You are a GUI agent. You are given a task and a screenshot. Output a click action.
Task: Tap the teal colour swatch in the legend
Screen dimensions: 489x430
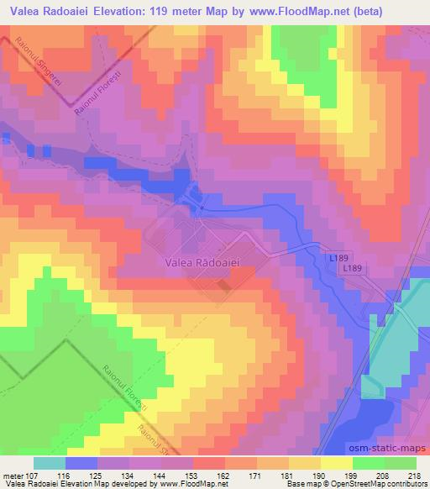(48, 463)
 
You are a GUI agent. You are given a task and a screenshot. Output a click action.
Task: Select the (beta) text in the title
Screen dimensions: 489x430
(404, 10)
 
